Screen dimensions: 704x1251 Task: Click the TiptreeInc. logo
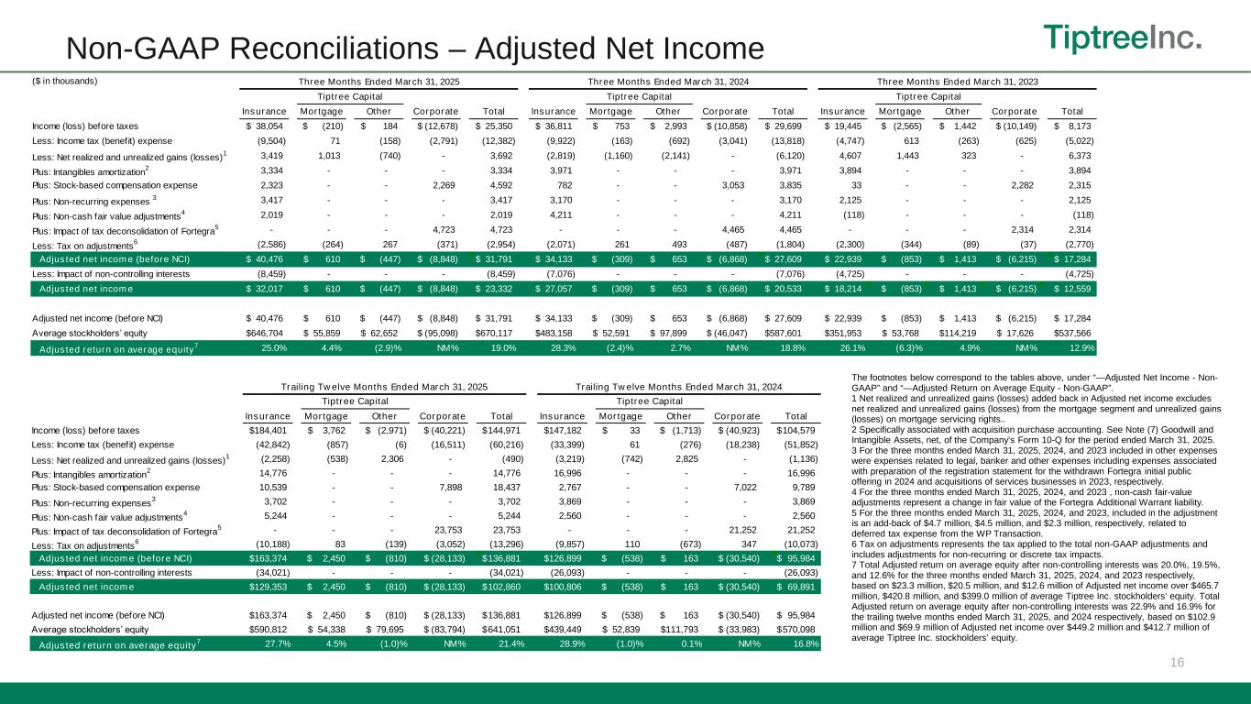click(x=1124, y=38)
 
